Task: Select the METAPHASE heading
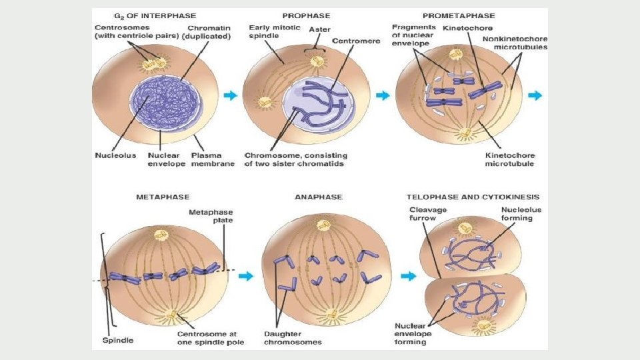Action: (163, 197)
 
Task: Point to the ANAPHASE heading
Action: (319, 197)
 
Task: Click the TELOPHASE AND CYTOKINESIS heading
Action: (473, 197)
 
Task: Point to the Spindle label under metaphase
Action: (118, 341)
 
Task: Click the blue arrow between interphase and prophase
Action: (230, 96)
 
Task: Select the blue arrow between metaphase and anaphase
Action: (246, 276)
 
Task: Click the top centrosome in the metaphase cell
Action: (161, 235)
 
